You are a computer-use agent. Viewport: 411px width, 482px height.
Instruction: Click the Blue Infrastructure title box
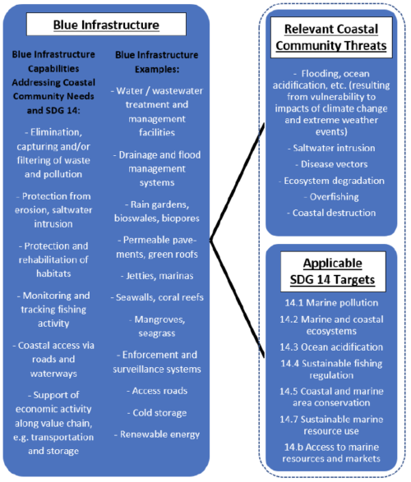click(106, 25)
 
